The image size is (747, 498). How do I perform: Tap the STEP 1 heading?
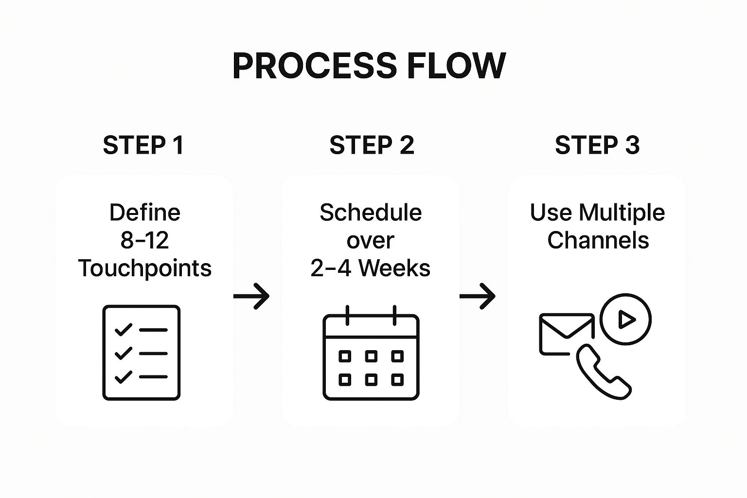pyautogui.click(x=143, y=145)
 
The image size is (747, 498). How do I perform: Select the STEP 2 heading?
pyautogui.click(x=372, y=145)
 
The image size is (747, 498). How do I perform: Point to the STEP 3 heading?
pyautogui.click(x=597, y=145)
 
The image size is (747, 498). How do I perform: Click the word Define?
pyautogui.click(x=145, y=213)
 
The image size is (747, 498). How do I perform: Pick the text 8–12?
pyautogui.click(x=144, y=240)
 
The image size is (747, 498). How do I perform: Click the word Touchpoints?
pyautogui.click(x=145, y=268)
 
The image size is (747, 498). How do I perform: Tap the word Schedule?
pyautogui.click(x=371, y=213)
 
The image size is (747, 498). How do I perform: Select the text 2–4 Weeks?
pyautogui.click(x=371, y=268)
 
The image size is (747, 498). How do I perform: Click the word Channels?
pyautogui.click(x=598, y=240)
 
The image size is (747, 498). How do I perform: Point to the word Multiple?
pyautogui.click(x=622, y=213)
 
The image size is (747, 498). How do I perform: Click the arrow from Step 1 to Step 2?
pyautogui.click(x=251, y=296)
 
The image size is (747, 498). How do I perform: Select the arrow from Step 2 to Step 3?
pyautogui.click(x=478, y=296)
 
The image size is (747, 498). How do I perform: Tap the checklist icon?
pyautogui.click(x=142, y=353)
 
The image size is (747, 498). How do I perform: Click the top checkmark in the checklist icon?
pyautogui.click(x=123, y=330)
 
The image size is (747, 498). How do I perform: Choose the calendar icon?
pyautogui.click(x=371, y=355)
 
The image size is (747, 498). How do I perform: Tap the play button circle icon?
pyautogui.click(x=625, y=320)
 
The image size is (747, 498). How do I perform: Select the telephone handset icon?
pyautogui.click(x=603, y=372)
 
